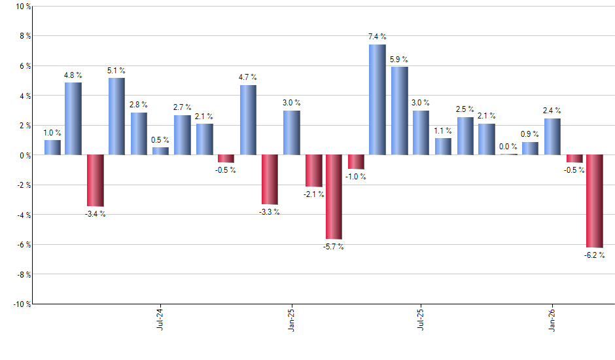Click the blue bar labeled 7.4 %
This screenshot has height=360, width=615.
tap(377, 99)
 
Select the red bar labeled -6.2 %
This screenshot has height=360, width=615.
tap(595, 201)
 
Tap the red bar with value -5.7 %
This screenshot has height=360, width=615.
tap(334, 197)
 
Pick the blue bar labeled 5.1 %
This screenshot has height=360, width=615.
tap(116, 117)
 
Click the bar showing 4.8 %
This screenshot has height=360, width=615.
tap(73, 118)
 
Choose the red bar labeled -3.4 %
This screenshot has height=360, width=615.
tap(95, 180)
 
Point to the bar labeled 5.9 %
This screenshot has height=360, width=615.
tap(399, 111)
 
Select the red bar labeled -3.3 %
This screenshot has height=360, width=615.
tap(270, 179)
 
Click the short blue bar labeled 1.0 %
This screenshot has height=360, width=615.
tap(52, 147)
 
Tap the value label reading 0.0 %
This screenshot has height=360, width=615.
tap(508, 147)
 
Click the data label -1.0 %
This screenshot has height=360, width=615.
tap(356, 177)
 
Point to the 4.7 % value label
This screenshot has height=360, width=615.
tap(248, 77)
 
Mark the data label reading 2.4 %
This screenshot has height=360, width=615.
tap(552, 111)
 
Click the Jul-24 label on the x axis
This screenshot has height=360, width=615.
tap(160, 318)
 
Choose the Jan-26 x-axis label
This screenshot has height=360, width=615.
tap(551, 318)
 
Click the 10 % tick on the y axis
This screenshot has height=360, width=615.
tap(22, 7)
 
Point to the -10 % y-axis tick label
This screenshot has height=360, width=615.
tap(21, 304)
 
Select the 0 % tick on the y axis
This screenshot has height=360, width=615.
tap(24, 155)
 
